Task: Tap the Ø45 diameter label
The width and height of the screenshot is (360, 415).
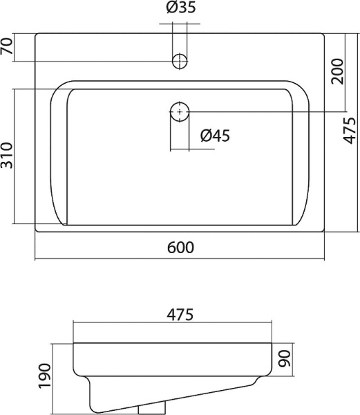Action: (x=214, y=136)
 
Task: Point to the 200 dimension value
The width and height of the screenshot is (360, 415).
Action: (x=338, y=71)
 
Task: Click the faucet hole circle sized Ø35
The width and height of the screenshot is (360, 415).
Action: (x=180, y=61)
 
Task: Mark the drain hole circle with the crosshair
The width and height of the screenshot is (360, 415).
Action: (x=179, y=111)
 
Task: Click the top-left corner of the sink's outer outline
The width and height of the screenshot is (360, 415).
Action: (x=36, y=32)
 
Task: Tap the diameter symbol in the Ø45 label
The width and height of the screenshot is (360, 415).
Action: (x=205, y=136)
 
